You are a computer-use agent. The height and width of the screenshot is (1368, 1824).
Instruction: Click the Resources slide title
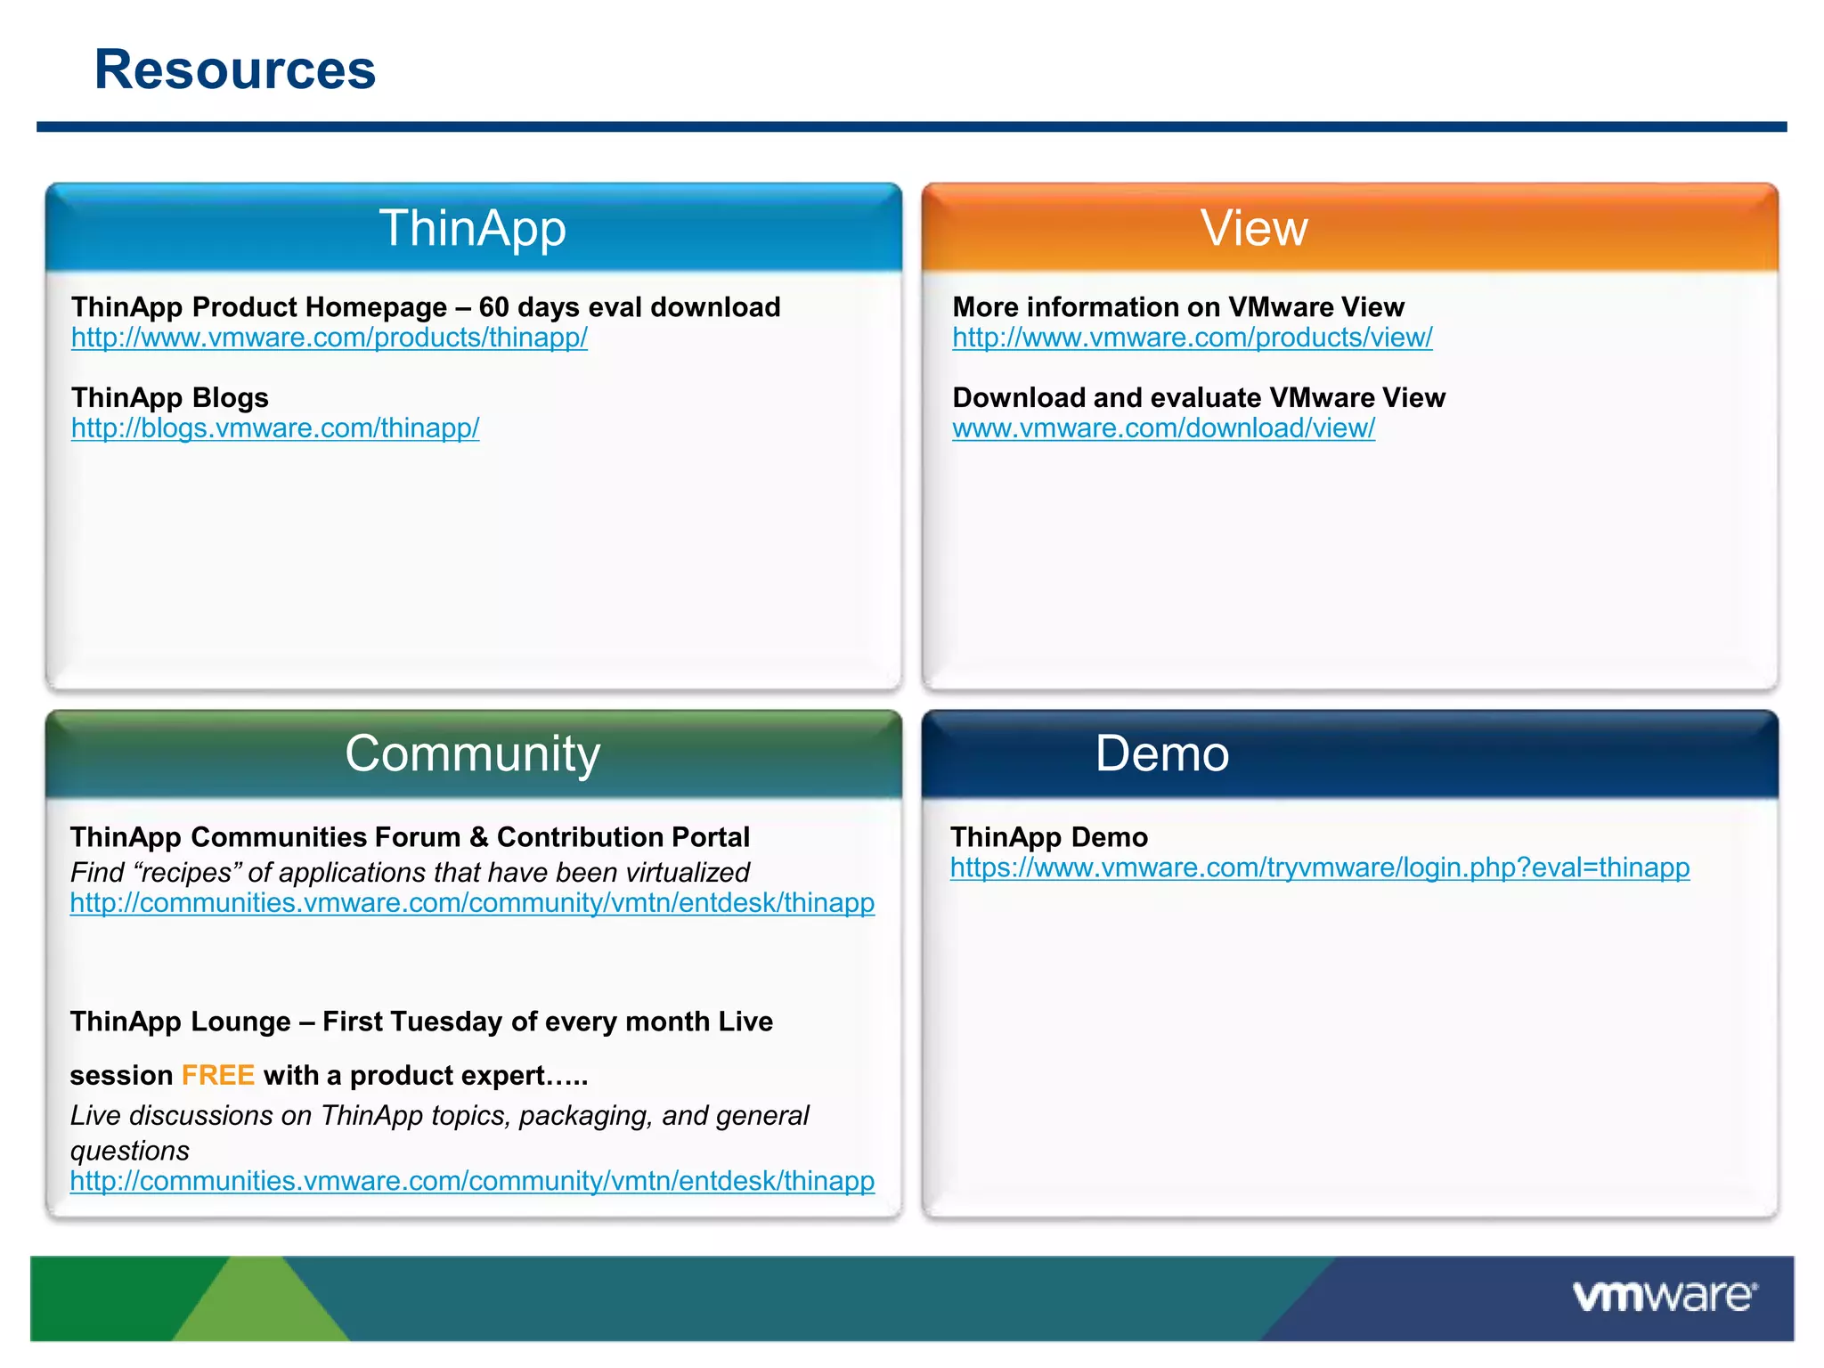235,70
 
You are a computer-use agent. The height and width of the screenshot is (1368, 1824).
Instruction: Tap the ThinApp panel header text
473,228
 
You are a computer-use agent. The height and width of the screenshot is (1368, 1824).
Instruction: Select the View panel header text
1254,228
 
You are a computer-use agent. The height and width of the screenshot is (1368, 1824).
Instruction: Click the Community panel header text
473,753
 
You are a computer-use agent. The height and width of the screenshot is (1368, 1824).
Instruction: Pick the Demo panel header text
1162,753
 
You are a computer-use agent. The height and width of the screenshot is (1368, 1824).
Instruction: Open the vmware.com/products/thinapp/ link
330,338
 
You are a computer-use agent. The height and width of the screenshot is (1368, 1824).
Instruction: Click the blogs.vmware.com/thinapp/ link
275,428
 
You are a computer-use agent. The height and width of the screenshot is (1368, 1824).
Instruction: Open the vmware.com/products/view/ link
1192,338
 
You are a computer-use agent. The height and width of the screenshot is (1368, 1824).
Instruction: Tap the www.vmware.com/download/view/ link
1163,428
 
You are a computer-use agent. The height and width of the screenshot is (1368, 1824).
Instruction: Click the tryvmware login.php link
1319,867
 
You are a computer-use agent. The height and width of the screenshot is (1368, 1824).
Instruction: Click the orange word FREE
218,1075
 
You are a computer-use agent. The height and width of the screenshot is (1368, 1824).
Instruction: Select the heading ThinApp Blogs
170,397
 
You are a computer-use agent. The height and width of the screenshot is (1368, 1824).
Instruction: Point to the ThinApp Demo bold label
1049,837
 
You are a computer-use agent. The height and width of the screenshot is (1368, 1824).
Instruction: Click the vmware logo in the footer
1664,1296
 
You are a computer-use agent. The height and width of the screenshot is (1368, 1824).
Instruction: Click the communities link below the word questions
472,1181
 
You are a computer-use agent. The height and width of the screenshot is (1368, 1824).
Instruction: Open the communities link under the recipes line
472,903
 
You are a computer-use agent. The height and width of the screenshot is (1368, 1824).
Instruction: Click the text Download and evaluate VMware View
1199,397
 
